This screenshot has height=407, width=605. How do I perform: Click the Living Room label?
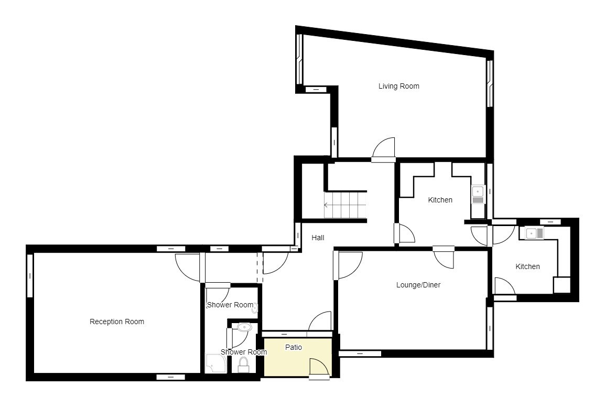point(398,86)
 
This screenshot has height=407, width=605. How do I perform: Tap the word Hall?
point(318,238)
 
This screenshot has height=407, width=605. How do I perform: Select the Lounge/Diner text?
point(418,285)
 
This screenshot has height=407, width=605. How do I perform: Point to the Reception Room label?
point(117,322)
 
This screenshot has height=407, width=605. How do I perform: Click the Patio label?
point(294,348)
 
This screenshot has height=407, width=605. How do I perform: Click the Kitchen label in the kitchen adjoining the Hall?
point(440,200)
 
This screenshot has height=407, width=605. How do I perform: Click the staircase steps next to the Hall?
point(345,205)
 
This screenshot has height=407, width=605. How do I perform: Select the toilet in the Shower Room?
point(243,365)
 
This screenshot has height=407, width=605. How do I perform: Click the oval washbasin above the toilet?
point(244,327)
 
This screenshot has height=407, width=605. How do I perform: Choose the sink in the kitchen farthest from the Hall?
point(534,233)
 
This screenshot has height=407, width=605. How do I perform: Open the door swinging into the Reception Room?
point(188,267)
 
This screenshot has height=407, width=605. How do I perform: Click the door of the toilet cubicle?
point(237,338)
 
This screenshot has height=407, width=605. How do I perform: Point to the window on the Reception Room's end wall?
point(30,276)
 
